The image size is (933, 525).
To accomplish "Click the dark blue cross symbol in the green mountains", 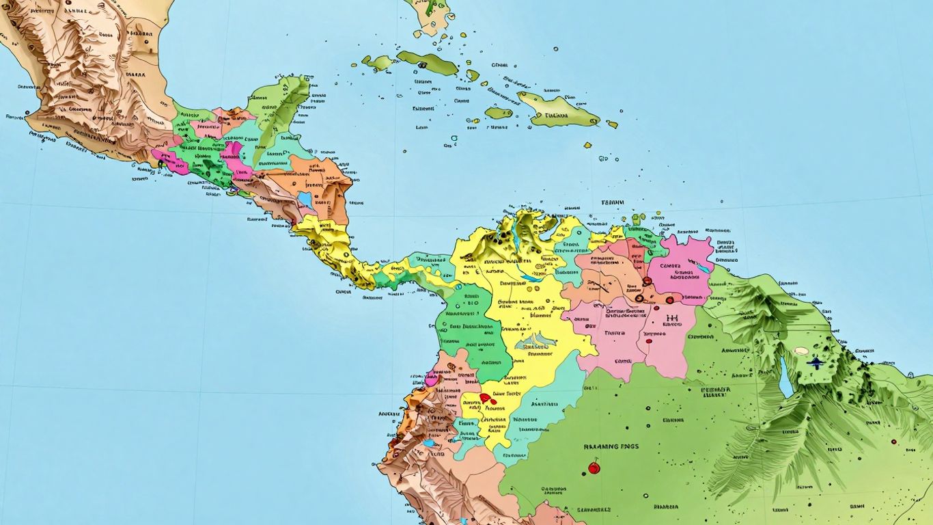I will [817, 362].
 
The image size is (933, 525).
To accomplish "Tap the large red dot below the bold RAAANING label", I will [594, 468].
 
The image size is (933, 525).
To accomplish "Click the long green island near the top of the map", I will [427, 62].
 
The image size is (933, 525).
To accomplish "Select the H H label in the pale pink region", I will [671, 319].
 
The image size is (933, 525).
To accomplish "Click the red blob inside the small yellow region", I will [486, 398].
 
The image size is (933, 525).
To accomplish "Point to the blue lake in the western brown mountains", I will [428, 443].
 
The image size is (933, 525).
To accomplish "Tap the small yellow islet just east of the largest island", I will [612, 124].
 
